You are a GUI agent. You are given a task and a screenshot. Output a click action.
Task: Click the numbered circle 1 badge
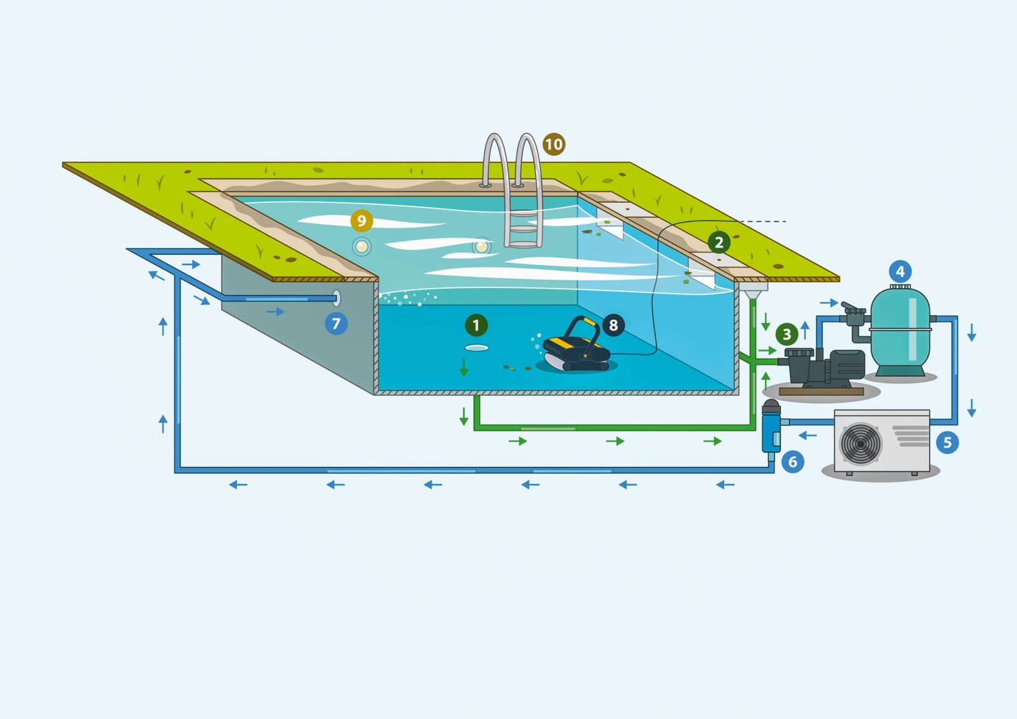click(476, 325)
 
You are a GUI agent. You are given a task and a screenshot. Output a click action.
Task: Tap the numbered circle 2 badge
click(719, 242)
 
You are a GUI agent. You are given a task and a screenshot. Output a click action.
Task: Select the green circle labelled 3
click(787, 334)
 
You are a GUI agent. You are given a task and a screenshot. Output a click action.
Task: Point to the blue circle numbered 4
click(900, 272)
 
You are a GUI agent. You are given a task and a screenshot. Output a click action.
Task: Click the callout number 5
click(947, 442)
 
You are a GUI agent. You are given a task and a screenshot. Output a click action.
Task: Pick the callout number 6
click(793, 462)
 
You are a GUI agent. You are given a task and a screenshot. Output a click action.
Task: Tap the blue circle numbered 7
click(336, 324)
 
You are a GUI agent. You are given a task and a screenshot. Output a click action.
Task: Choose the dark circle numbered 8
click(613, 325)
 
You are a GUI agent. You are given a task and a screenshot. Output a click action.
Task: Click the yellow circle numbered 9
click(362, 221)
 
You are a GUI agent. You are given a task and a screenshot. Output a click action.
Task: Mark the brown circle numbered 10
click(554, 144)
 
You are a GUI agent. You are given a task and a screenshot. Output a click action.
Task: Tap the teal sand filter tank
click(899, 334)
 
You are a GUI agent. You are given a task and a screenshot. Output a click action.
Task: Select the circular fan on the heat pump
click(861, 443)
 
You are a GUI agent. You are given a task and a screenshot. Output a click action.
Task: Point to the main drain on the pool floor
click(477, 348)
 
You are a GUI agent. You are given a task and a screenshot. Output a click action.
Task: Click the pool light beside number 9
click(362, 246)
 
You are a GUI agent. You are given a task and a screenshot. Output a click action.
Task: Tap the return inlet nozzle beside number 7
click(336, 298)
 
